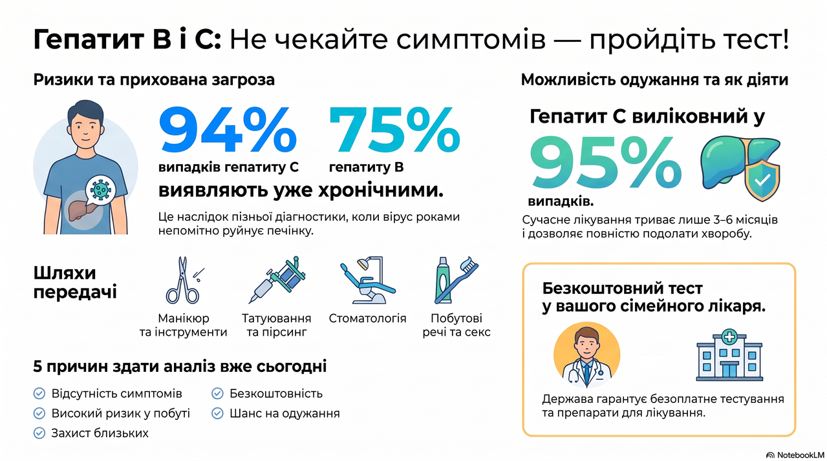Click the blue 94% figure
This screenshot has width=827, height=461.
click(228, 129)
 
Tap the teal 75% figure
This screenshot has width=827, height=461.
click(394, 129)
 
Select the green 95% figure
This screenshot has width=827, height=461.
click(605, 162)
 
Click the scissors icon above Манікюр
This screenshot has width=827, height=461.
click(183, 280)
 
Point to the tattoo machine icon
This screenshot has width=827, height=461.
click(277, 280)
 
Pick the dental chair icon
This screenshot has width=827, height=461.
click(367, 280)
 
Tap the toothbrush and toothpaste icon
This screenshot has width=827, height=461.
click(456, 280)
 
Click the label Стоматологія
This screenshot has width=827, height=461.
click(367, 318)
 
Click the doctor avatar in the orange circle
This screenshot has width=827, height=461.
click(586, 354)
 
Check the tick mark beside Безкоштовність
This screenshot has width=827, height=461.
click(217, 393)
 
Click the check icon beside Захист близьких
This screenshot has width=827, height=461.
click(39, 433)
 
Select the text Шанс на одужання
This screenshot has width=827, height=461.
click(285, 413)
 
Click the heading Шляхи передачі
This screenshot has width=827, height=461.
click(75, 283)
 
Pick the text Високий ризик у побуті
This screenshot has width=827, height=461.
click(121, 413)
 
